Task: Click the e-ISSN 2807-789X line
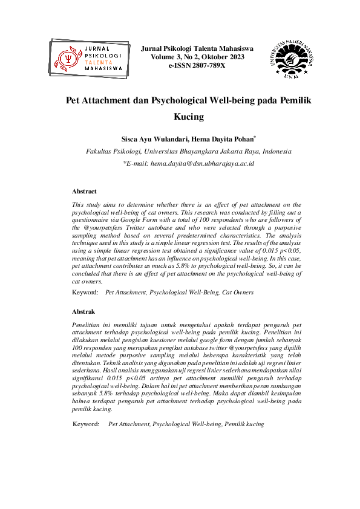[x=197, y=65]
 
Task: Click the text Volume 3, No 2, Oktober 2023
[x=197, y=56]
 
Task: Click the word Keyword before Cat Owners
[x=85, y=293]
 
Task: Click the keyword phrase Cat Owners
[x=237, y=293]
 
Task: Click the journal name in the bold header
[x=197, y=48]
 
